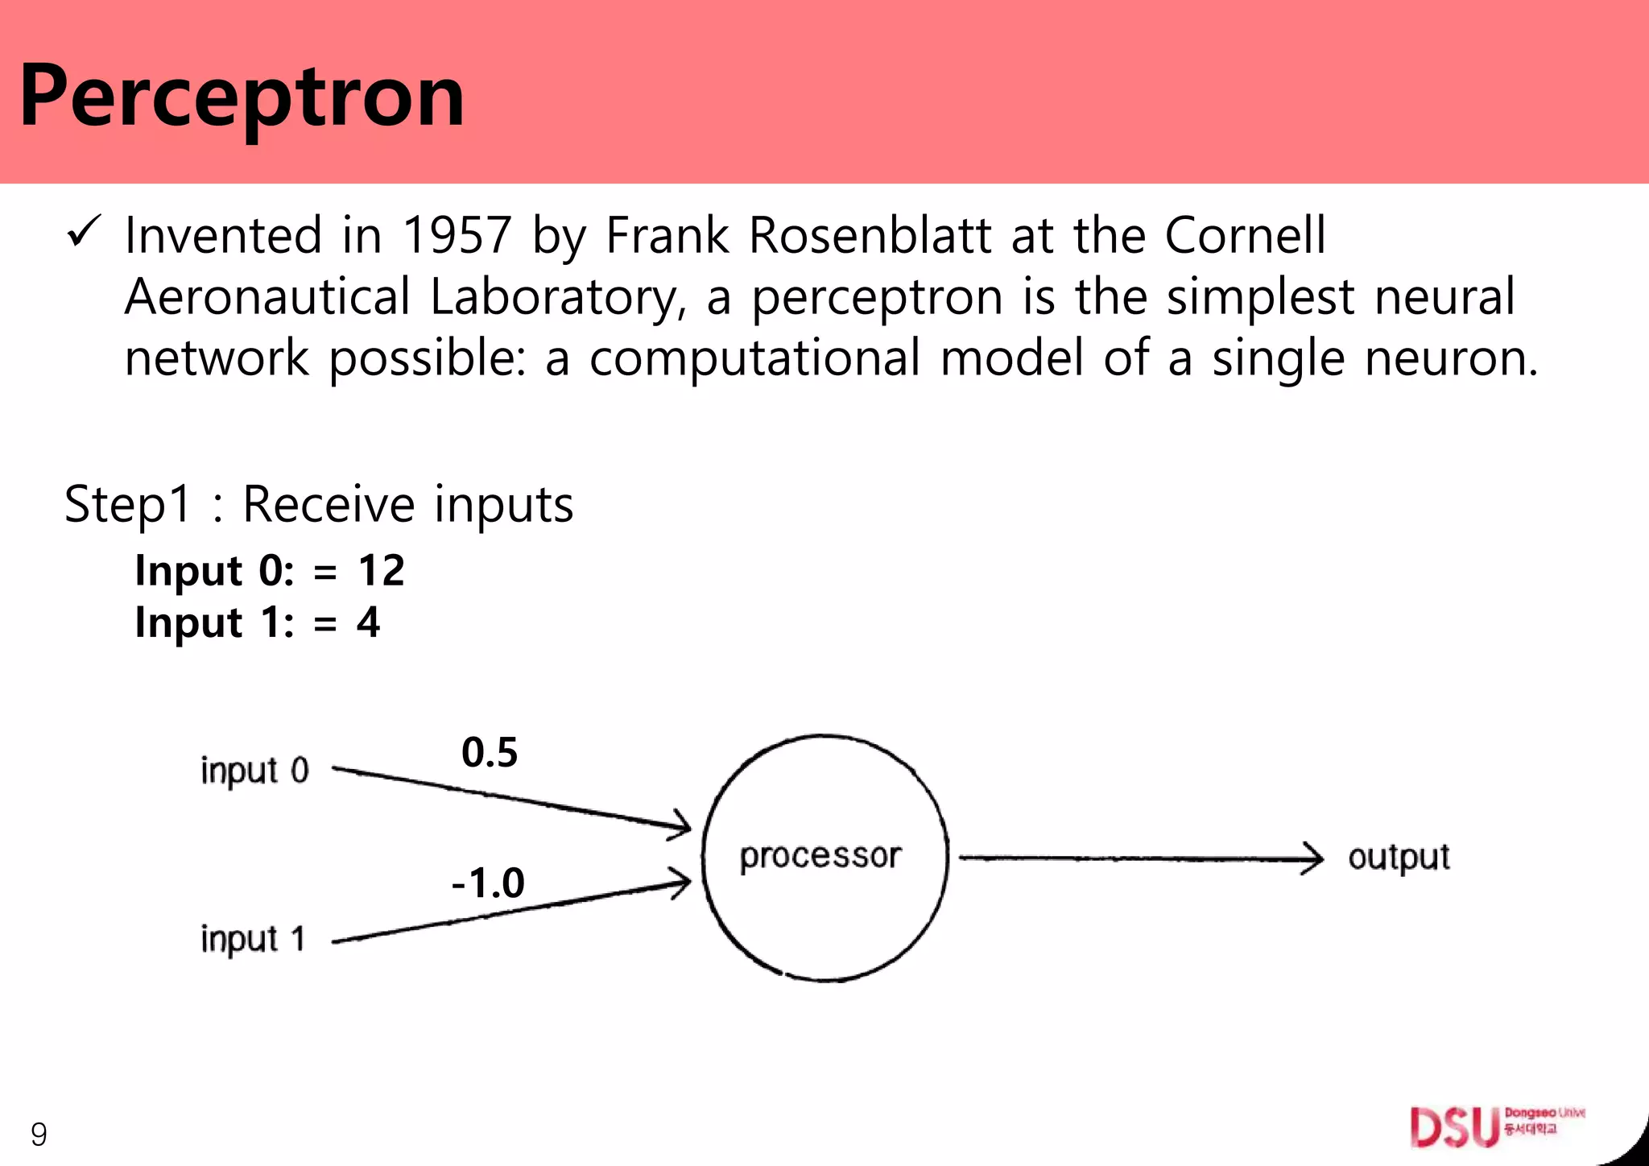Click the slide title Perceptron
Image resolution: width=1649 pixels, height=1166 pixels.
point(242,97)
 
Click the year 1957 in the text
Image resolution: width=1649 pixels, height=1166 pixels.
point(457,235)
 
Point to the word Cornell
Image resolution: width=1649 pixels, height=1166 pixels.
point(1245,235)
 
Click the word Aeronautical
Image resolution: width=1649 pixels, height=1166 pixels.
point(267,296)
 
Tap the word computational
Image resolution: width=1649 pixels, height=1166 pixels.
point(754,358)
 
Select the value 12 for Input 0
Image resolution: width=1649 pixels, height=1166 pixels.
point(381,571)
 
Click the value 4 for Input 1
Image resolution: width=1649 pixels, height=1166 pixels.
point(368,622)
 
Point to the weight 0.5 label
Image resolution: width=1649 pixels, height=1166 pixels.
point(490,753)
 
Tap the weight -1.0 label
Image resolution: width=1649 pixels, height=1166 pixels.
point(488,883)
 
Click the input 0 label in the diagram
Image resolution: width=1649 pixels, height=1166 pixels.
point(254,771)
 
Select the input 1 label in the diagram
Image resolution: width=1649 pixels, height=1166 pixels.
point(253,940)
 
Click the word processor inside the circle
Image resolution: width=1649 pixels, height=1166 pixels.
point(820,857)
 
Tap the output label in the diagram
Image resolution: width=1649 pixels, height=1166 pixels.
point(1399,858)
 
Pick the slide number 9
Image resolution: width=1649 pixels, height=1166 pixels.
point(39,1135)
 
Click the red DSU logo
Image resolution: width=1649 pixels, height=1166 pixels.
point(1454,1127)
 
